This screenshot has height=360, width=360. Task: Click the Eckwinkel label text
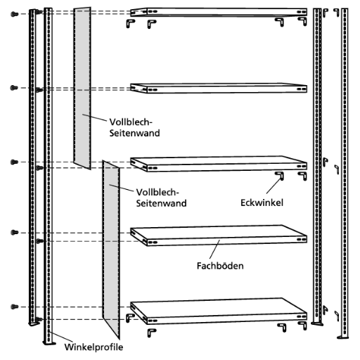pos(262,202)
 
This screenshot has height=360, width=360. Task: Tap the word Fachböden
pos(220,266)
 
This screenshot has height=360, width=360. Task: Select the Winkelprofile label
pos(94,347)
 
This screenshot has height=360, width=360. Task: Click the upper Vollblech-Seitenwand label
pos(134,127)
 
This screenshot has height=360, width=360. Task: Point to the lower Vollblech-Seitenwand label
pos(161,198)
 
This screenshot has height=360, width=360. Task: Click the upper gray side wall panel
pos(82,88)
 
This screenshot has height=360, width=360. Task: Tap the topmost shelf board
pos(219,12)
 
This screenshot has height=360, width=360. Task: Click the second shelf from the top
pos(219,88)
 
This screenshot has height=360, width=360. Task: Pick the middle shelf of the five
pos(219,163)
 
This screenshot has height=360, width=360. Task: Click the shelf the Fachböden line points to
pos(219,236)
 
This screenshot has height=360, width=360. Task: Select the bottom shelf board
pos(219,311)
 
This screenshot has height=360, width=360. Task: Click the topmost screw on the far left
pos(14,14)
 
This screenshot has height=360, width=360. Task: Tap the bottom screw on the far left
pos(14,307)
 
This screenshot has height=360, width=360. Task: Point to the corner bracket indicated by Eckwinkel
pos(280,176)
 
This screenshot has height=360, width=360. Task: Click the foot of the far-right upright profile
pos(342,337)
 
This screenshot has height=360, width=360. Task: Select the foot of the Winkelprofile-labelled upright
pos(49,343)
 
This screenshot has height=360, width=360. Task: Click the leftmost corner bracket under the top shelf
pos(130,23)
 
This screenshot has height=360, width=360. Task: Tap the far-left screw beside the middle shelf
pos(14,162)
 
